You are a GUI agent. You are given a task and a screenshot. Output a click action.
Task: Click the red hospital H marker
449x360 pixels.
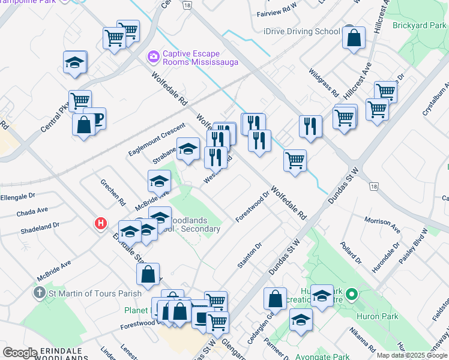[x=101, y=224]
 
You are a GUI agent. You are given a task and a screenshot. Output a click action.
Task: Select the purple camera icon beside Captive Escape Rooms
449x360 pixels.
[x=153, y=57]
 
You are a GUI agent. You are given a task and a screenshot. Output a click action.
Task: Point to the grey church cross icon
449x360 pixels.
[x=39, y=293]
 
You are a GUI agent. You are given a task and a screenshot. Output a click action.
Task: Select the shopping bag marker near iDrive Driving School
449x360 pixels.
[x=354, y=38]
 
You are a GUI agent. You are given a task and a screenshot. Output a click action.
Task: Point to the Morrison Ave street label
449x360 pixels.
[x=382, y=226]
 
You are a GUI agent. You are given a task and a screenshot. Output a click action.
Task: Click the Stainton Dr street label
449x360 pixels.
[x=250, y=256]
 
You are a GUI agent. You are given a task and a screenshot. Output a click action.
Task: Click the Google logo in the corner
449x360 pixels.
[x=20, y=353]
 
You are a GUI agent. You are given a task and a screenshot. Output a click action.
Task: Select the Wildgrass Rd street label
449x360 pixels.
[x=324, y=84]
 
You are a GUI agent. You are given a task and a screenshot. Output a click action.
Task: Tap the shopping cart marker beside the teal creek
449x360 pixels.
[x=295, y=160]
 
